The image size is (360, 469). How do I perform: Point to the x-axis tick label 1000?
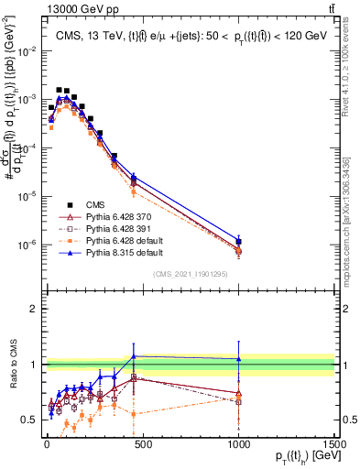pos(238,442)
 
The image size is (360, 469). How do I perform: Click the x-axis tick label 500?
pos(142,442)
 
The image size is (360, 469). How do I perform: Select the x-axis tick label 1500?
pos(334,442)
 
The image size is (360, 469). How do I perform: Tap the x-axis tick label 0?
pos(46,442)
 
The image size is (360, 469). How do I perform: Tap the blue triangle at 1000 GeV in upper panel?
pos(238,241)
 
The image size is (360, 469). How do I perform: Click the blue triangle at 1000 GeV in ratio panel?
pos(238,359)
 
